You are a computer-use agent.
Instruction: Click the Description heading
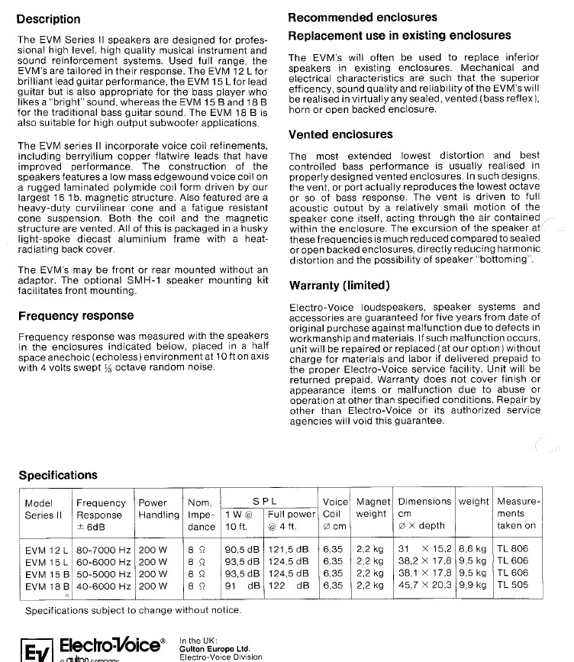click(48, 19)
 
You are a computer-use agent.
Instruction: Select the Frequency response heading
click(76, 315)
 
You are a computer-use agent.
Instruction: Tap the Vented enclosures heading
click(340, 134)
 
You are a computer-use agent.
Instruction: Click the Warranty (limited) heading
click(340, 286)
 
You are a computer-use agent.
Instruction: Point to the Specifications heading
click(58, 475)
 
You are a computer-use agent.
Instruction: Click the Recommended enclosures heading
click(363, 17)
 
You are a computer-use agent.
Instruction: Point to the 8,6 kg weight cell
click(472, 548)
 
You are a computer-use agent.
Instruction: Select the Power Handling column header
click(157, 509)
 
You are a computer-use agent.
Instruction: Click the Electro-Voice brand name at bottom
click(111, 645)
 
